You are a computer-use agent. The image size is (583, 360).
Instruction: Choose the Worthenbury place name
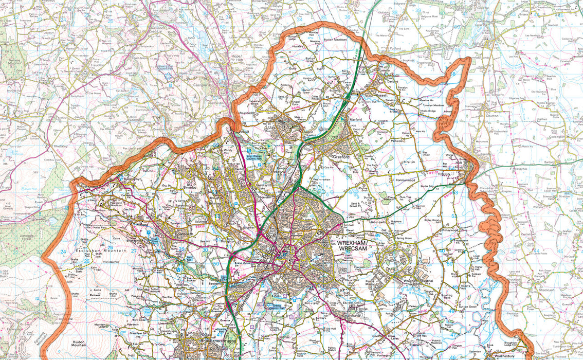click(x=496, y=355)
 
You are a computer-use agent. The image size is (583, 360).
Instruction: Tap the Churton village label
click(x=492, y=116)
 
